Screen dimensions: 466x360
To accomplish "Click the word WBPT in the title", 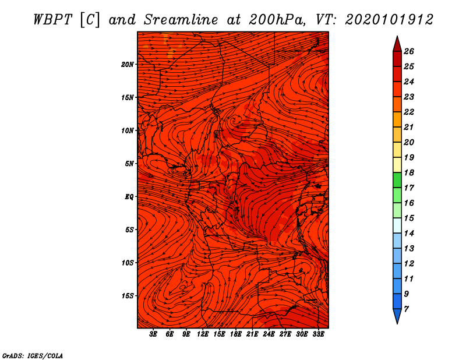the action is pyautogui.click(x=52, y=20).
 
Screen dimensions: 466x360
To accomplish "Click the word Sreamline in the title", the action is pyautogui.click(x=181, y=20).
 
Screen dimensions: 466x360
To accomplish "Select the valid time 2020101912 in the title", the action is pyautogui.click(x=389, y=20).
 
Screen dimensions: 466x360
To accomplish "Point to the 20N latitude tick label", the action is pyautogui.click(x=128, y=65).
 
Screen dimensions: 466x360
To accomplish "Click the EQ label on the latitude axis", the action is pyautogui.click(x=129, y=197).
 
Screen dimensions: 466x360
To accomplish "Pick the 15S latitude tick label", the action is pyautogui.click(x=128, y=296).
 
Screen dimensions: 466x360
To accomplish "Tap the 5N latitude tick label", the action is pyautogui.click(x=129, y=164).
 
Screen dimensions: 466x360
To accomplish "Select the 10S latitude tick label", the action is pyautogui.click(x=128, y=263).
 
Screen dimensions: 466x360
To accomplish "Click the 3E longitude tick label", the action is pyautogui.click(x=153, y=334).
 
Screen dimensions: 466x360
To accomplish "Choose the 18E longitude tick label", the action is pyautogui.click(x=236, y=334).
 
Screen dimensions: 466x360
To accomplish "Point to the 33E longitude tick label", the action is pyautogui.click(x=318, y=334).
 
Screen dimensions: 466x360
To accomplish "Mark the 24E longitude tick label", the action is pyautogui.click(x=269, y=334).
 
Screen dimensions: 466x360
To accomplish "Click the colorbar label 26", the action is pyautogui.click(x=409, y=51).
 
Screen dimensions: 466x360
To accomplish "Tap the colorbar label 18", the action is pyautogui.click(x=409, y=172).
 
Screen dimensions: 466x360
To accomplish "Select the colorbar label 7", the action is pyautogui.click(x=406, y=309).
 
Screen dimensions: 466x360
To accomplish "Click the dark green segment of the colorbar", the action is pyautogui.click(x=397, y=180).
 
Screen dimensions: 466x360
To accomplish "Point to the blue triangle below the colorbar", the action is pyautogui.click(x=397, y=315).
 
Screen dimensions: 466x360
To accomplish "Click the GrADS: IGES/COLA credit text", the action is pyautogui.click(x=33, y=356).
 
